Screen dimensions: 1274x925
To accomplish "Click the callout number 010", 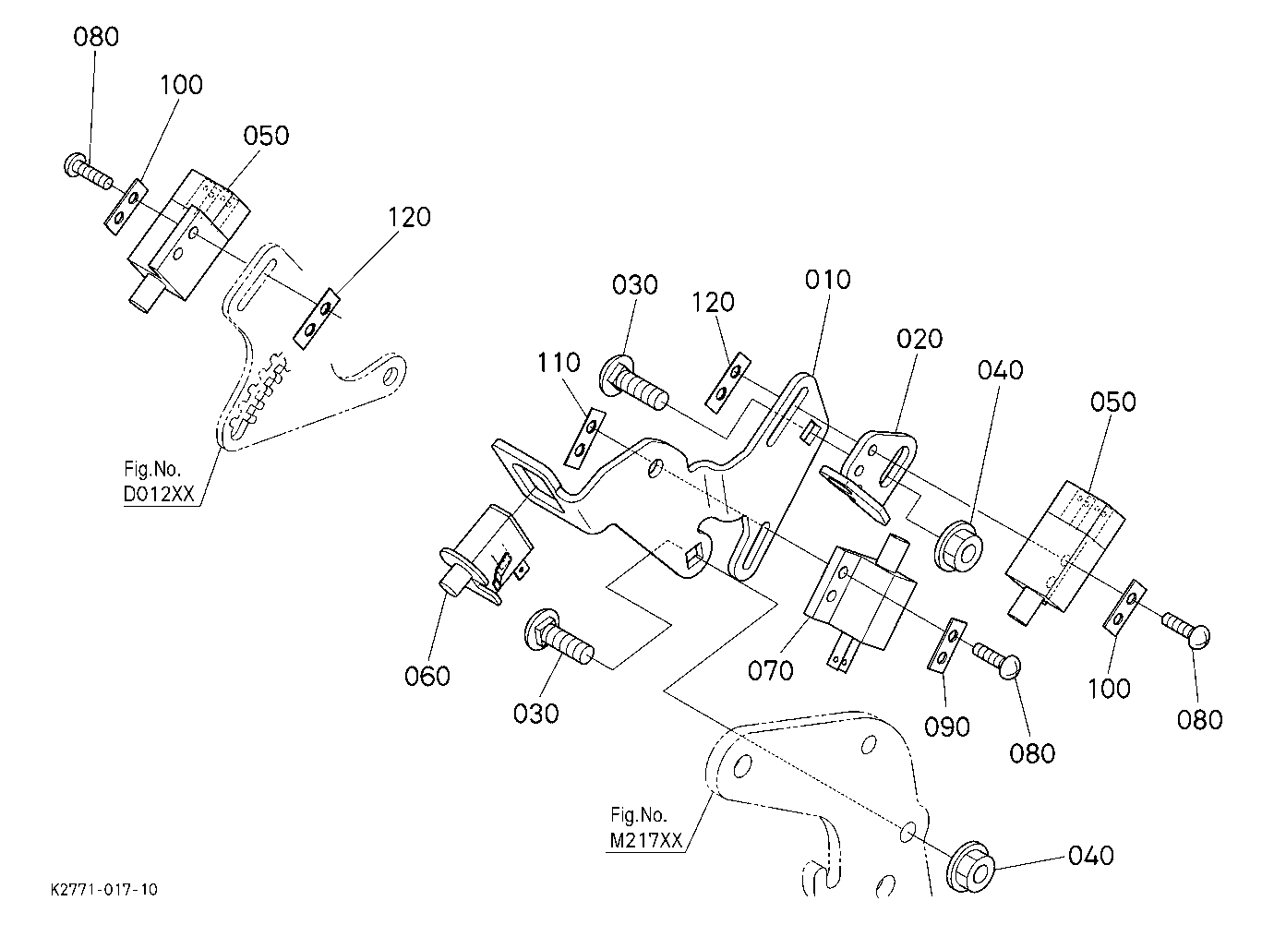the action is (827, 280).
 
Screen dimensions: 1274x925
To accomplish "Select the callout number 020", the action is (919, 339).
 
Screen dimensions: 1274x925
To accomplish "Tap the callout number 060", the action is (427, 676).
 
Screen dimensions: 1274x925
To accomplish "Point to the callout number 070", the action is (770, 671).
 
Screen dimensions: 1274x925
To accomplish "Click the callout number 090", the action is (946, 727).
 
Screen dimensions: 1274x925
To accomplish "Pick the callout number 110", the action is (559, 363).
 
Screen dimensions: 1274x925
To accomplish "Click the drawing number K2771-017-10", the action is (104, 889).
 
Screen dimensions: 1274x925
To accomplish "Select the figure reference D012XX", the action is (159, 495).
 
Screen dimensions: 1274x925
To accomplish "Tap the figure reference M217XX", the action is (645, 840).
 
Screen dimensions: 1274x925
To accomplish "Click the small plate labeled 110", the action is (585, 438).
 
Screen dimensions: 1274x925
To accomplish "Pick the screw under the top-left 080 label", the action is (88, 171).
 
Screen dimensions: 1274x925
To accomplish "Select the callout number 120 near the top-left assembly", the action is (409, 217).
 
